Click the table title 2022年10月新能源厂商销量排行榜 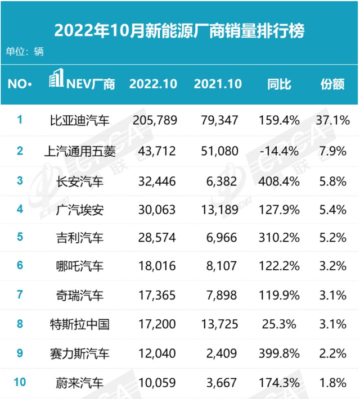(179, 30)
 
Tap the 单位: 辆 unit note (25, 52)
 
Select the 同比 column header (279, 84)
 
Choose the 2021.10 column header (218, 84)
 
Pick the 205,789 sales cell (155, 120)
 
